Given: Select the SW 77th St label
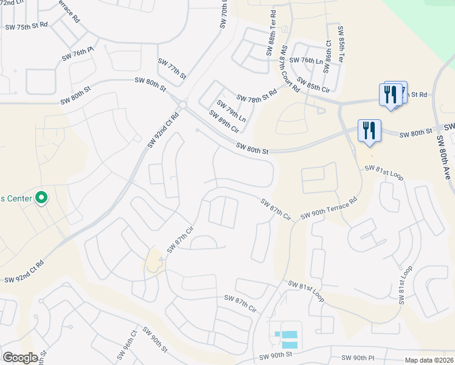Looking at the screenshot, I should pos(172,68).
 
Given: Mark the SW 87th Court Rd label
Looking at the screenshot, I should pos(290,68).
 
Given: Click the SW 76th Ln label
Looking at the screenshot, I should pos(305,60).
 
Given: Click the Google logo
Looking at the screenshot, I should pos(20,358).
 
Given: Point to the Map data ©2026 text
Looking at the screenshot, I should pos(428,360).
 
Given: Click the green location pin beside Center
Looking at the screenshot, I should pos(41,197).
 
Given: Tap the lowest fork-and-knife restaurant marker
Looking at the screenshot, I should pos(369,131).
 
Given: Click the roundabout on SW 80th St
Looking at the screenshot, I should pos(182,104).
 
